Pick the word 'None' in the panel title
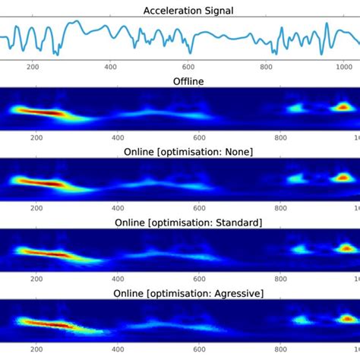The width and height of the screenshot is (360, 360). click(x=238, y=152)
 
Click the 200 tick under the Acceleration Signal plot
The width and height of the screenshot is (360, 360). click(x=33, y=68)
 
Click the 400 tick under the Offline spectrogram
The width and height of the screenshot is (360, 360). click(x=118, y=139)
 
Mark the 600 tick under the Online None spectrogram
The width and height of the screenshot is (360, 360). click(x=200, y=210)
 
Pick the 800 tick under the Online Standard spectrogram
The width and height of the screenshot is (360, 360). click(x=282, y=281)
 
